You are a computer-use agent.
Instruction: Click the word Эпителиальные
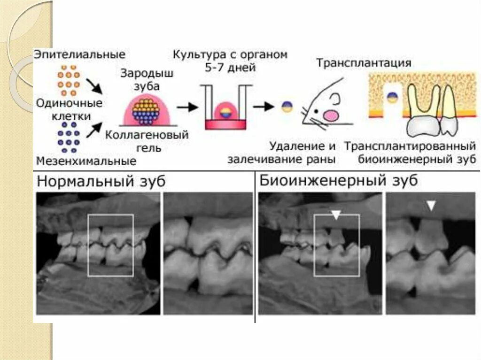79,54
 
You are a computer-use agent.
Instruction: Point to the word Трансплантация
364,63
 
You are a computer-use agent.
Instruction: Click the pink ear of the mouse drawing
331,115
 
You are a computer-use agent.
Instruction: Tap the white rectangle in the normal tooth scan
110,245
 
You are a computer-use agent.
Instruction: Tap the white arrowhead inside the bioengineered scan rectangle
335,215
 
